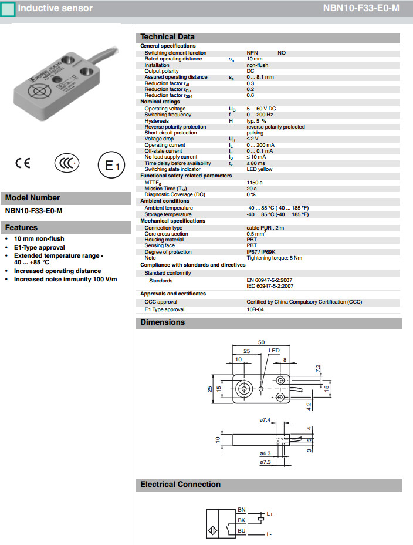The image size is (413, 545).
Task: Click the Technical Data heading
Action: click(167, 37)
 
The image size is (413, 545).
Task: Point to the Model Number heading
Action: click(32, 198)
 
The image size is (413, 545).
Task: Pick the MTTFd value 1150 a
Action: click(255, 183)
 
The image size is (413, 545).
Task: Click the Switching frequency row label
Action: click(168, 115)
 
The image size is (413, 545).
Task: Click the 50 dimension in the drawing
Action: click(261, 342)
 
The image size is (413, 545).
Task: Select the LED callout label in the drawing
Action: click(274, 351)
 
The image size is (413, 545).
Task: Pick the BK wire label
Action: click(241, 520)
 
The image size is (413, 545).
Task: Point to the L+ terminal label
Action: click(269, 514)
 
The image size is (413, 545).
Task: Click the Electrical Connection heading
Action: click(180, 485)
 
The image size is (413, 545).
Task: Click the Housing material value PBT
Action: click(251, 240)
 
